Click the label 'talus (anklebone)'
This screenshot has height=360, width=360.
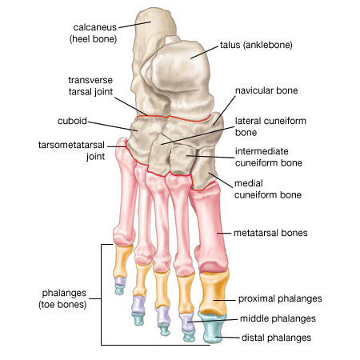(256, 45)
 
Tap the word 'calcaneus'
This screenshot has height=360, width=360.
(95, 27)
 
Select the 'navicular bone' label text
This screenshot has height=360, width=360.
(266, 90)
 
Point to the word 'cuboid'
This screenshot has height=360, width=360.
(72, 121)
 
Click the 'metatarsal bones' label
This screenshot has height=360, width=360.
(270, 233)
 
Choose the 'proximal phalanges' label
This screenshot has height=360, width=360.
(280, 298)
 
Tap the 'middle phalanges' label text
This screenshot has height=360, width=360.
(278, 318)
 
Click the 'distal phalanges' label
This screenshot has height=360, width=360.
(276, 338)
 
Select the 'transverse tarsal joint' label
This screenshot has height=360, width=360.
(90, 86)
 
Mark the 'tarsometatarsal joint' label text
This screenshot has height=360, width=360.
(71, 150)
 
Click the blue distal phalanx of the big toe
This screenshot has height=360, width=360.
(213, 328)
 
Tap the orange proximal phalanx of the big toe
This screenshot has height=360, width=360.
(214, 292)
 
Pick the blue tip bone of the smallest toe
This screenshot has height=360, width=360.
(119, 290)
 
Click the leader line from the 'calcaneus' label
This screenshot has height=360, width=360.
(135, 25)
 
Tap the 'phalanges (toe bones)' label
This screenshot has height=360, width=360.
(63, 298)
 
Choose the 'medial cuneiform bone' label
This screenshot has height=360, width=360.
(268, 189)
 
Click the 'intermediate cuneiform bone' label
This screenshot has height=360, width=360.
(269, 157)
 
